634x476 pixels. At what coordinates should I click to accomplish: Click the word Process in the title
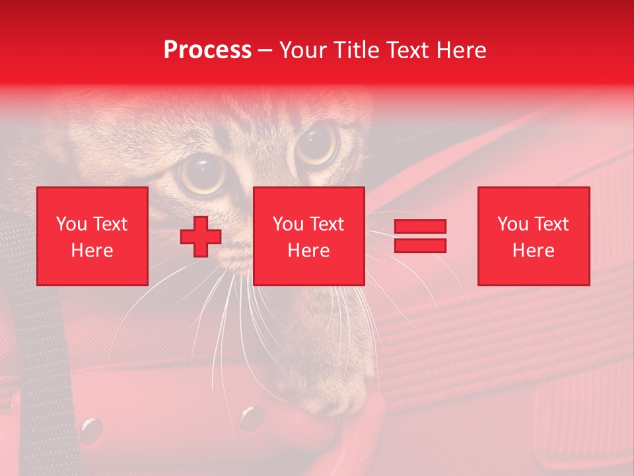pyautogui.click(x=207, y=50)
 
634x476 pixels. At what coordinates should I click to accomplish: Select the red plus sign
pyautogui.click(x=201, y=237)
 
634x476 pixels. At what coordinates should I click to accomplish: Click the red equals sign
pyautogui.click(x=420, y=236)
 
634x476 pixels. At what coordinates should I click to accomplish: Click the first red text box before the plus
pyautogui.click(x=92, y=236)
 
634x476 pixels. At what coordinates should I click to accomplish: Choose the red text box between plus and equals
pyautogui.click(x=308, y=236)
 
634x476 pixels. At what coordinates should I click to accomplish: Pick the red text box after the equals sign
pyautogui.click(x=533, y=236)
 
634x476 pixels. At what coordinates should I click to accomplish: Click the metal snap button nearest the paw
pyautogui.click(x=251, y=416)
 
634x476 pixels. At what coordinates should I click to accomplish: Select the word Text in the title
pyautogui.click(x=406, y=50)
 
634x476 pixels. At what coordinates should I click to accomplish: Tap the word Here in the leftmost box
pyautogui.click(x=92, y=251)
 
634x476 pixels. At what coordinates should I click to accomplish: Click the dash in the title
pyautogui.click(x=265, y=50)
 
